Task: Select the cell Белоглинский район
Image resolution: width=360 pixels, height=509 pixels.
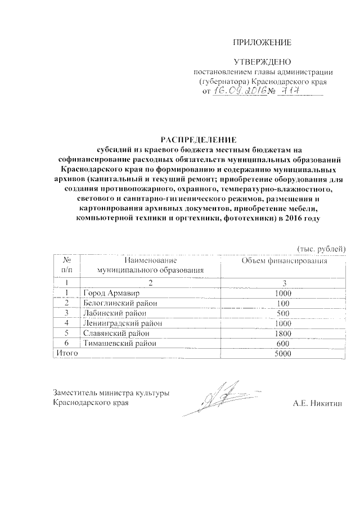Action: (118, 303)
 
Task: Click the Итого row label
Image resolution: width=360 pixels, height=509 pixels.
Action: (65, 353)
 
